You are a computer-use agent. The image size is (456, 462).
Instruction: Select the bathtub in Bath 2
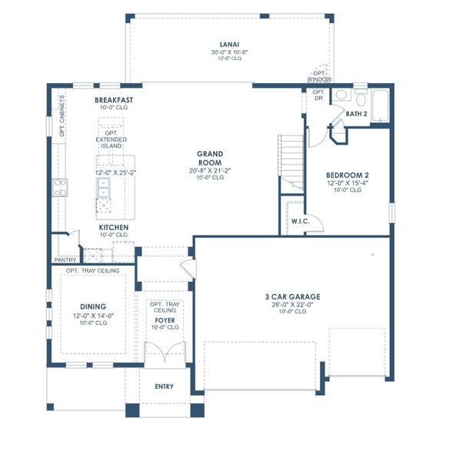tap(379, 105)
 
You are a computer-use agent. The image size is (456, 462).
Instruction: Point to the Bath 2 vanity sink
tap(361, 99)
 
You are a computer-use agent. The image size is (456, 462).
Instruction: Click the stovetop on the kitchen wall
tap(59, 186)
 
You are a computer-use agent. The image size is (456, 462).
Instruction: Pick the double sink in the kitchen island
tap(105, 192)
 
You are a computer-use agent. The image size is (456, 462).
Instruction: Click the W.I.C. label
tap(300, 222)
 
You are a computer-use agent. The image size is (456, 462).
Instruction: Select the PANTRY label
tap(65, 260)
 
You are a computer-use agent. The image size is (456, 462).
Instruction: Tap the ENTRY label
tap(164, 387)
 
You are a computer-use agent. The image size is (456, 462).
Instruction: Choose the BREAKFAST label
tap(115, 100)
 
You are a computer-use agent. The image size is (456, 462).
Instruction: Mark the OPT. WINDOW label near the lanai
tap(319, 77)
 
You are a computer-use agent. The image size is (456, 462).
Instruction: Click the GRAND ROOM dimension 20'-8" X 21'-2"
tap(209, 170)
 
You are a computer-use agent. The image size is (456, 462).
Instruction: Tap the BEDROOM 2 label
tap(348, 175)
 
